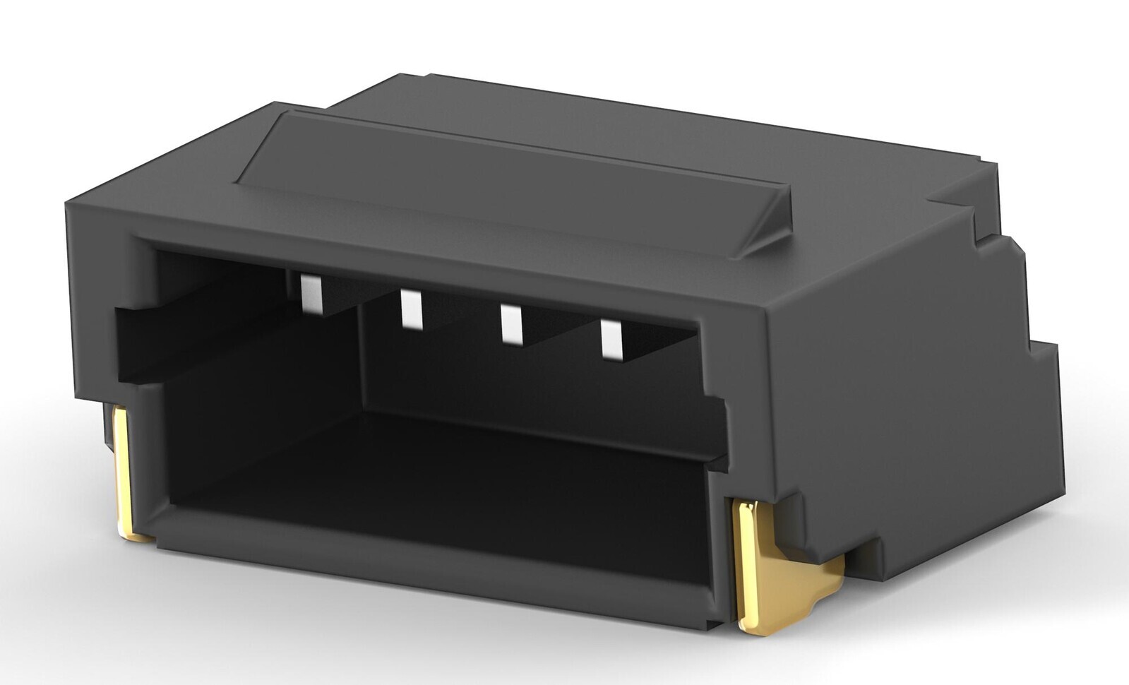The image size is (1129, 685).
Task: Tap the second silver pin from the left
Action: [410, 309]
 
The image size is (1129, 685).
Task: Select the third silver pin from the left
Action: [510, 323]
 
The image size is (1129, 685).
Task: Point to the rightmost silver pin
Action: [611, 338]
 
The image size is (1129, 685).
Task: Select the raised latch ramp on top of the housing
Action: [515, 180]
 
